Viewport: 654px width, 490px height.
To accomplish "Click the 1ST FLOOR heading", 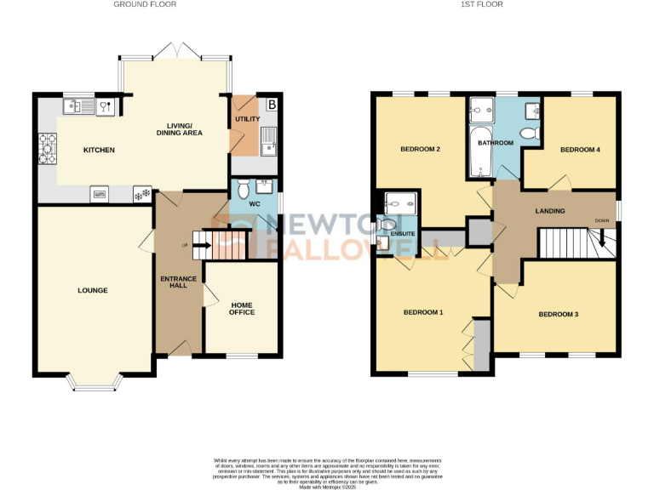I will coord(481,5).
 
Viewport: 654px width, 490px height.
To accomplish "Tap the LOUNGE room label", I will coord(93,291).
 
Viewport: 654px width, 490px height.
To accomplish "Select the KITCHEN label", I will coord(99,151).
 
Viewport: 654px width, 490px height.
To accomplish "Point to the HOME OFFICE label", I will coord(242,308).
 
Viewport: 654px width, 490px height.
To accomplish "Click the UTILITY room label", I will coord(247,120).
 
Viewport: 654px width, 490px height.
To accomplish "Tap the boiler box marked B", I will coord(272,105).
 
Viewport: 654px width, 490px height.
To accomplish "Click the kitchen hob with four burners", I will coord(46,151).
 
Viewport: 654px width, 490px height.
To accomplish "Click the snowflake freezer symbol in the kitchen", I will coord(139,195).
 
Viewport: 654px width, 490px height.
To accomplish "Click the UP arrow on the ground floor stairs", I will coord(202,247).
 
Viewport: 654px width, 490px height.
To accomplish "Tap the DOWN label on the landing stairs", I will coord(602,222).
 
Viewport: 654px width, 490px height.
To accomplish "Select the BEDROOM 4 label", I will coord(580,150).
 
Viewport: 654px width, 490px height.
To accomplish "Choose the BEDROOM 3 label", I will coord(558,315).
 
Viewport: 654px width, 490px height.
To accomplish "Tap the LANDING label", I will coord(551,211).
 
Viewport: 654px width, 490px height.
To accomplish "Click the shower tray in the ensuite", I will coord(398,202).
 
